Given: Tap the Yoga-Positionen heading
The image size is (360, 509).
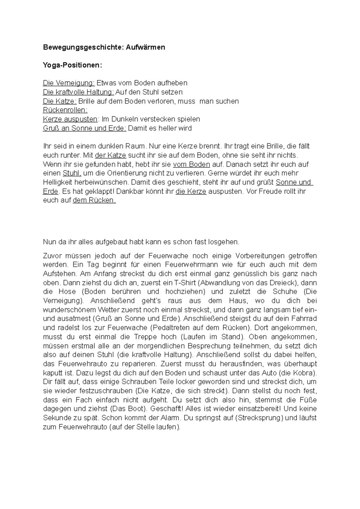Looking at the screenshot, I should pos(72,65).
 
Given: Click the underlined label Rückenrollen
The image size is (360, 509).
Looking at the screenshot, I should pos(65,110).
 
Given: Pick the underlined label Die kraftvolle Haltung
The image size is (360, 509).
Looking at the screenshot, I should pos(78,92).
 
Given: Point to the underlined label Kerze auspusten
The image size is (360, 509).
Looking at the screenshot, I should pos(70,119).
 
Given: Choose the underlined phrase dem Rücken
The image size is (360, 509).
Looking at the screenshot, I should pos(94,200).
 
